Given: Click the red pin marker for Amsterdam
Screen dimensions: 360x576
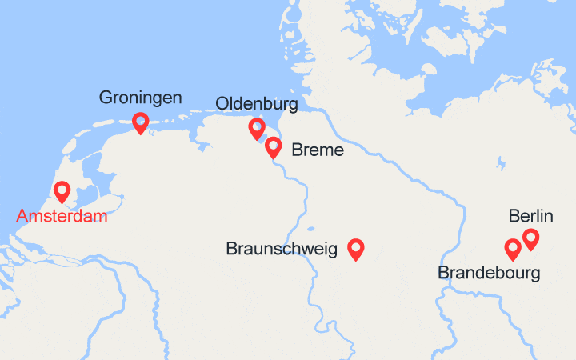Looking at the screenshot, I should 62,190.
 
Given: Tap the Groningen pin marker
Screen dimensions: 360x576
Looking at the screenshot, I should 141,122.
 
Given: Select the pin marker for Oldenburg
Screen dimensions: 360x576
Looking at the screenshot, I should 257,127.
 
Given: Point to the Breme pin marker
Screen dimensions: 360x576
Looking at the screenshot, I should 273,146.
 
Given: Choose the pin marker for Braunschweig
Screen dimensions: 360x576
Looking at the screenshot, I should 356,249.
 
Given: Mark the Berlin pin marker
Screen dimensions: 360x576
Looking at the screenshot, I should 530,238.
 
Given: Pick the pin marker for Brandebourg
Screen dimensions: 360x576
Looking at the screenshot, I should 513,249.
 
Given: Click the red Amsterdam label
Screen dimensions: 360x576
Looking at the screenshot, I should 62,217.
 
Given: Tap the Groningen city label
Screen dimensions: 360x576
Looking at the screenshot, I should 140,98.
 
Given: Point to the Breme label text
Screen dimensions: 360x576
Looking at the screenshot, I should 318,150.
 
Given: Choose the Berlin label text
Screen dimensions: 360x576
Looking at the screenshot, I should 530,216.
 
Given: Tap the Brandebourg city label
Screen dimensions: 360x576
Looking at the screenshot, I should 489,273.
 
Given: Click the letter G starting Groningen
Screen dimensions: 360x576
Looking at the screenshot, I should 106,98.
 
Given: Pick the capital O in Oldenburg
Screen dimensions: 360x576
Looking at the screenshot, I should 222,104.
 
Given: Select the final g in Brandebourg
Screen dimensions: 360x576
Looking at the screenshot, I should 534,275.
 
